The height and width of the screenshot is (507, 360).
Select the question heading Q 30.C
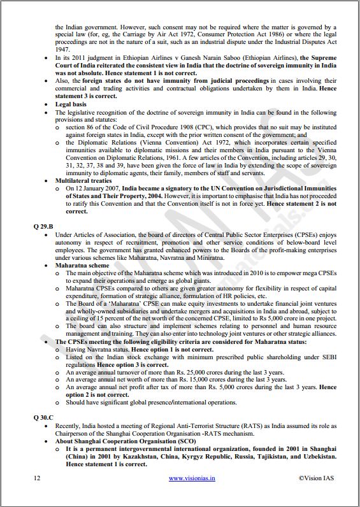(45, 416)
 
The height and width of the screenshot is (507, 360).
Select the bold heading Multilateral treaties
(83, 180)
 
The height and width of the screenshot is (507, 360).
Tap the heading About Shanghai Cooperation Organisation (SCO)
(126, 441)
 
